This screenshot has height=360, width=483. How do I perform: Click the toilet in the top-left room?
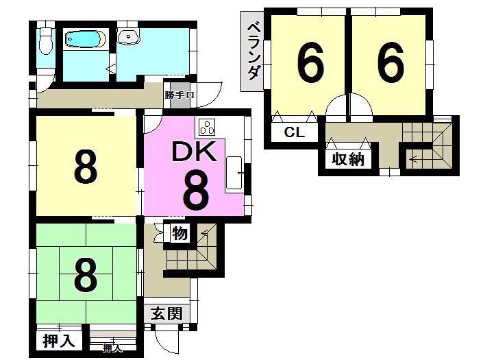tap(46, 41)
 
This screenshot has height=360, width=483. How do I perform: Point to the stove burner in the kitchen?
tap(206, 127)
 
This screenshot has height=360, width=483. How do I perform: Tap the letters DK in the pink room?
tap(195, 153)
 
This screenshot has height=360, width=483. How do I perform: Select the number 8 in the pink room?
tap(195, 191)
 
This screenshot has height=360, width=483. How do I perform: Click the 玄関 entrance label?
tap(166, 314)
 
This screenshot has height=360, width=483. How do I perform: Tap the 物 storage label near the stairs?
tap(179, 234)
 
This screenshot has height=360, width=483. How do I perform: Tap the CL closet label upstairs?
tap(294, 132)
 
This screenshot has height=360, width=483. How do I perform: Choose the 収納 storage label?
tap(348, 160)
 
